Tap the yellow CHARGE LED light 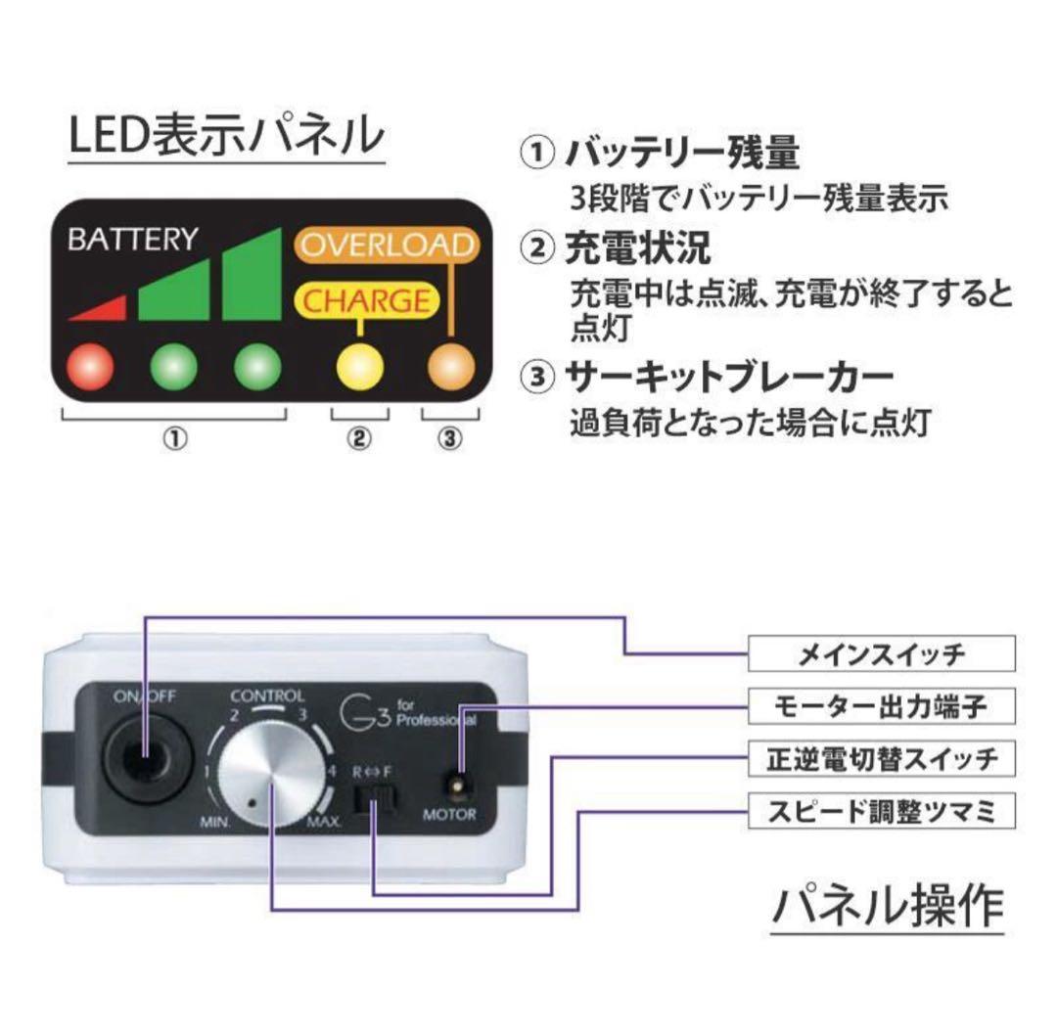pyautogui.click(x=359, y=366)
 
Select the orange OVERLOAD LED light pyautogui.click(x=450, y=366)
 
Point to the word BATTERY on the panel pyautogui.click(x=132, y=240)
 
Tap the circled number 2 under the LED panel pyautogui.click(x=359, y=438)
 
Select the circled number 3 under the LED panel pyautogui.click(x=449, y=438)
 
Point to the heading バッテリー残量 pyautogui.click(x=683, y=154)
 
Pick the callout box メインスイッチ pyautogui.click(x=881, y=653)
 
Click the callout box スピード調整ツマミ pyautogui.click(x=881, y=811)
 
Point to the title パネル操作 pyautogui.click(x=887, y=906)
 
